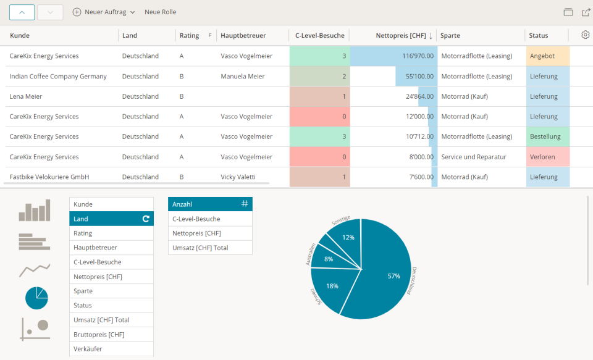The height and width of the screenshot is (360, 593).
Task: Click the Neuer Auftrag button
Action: (104, 12)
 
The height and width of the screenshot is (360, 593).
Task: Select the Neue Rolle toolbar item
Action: (160, 12)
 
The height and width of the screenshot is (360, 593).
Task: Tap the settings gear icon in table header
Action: (585, 35)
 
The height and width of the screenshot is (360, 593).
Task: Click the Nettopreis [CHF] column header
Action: (400, 36)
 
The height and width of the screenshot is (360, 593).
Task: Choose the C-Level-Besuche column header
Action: (319, 36)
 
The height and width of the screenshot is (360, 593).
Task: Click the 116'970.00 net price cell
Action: (393, 56)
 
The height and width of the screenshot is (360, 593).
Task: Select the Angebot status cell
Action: (547, 56)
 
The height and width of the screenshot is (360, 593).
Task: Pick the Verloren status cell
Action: (547, 157)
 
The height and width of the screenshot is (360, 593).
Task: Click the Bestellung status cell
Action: (547, 136)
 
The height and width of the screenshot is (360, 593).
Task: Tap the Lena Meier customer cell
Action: (26, 96)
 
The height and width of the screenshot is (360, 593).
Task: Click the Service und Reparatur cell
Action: (473, 157)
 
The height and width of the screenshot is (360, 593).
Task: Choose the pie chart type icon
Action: (36, 298)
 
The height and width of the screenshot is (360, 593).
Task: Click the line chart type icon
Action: (34, 269)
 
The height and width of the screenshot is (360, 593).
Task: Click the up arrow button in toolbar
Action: (22, 12)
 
